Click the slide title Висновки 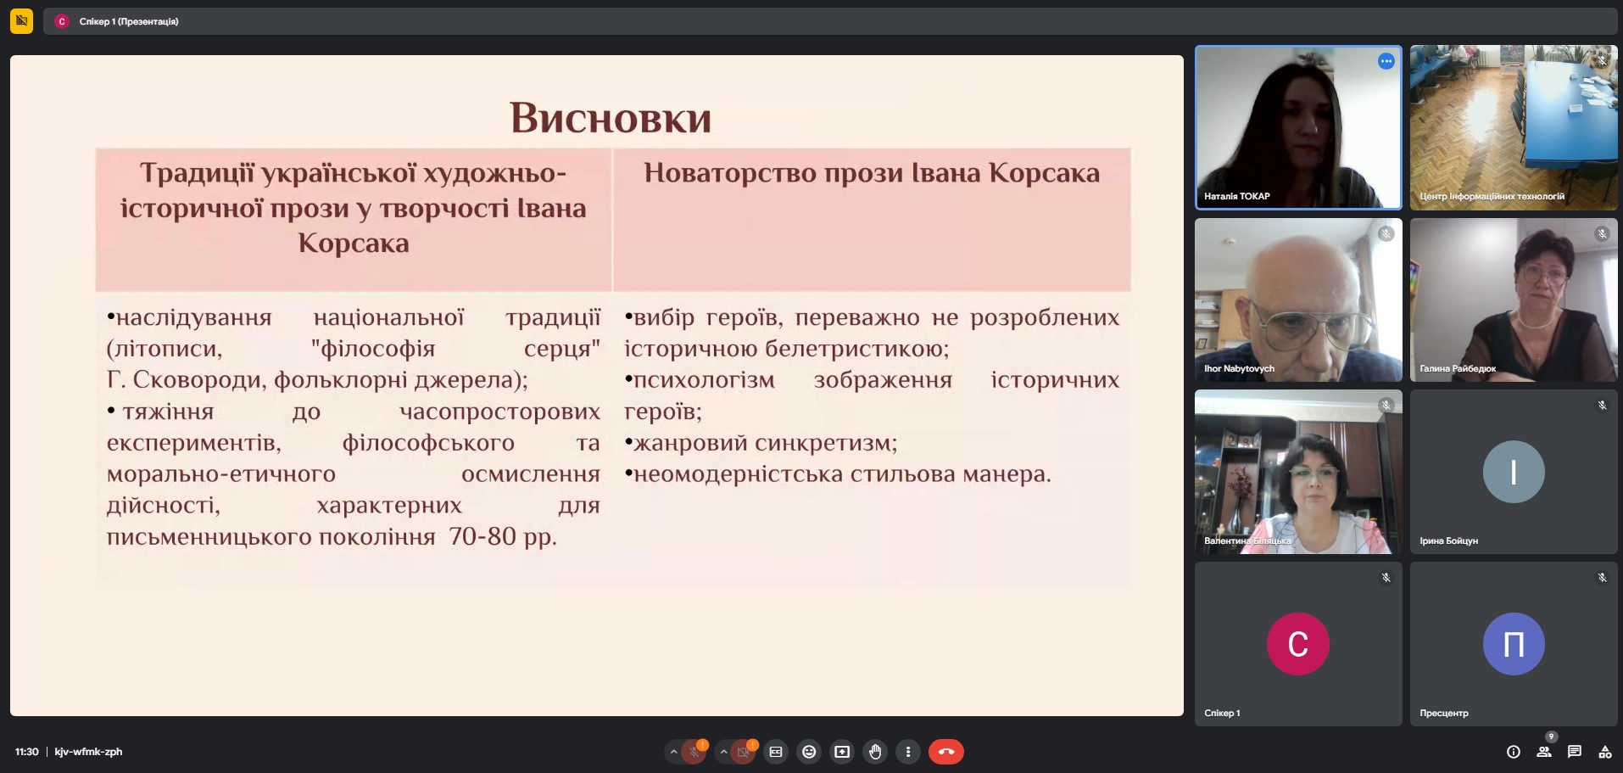pyautogui.click(x=611, y=118)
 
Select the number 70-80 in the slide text pyautogui.click(x=482, y=536)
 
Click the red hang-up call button pyautogui.click(x=945, y=752)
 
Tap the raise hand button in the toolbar pyautogui.click(x=875, y=752)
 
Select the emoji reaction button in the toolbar pyautogui.click(x=809, y=752)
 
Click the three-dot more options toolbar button pyautogui.click(x=908, y=752)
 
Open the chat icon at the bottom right pyautogui.click(x=1575, y=752)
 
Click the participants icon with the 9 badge pyautogui.click(x=1544, y=752)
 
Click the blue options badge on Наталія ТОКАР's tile pyautogui.click(x=1386, y=61)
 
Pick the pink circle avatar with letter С pyautogui.click(x=1298, y=644)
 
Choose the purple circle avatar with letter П pyautogui.click(x=1514, y=644)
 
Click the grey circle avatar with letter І pyautogui.click(x=1514, y=472)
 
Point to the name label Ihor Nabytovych pyautogui.click(x=1239, y=369)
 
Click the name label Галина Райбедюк pyautogui.click(x=1458, y=369)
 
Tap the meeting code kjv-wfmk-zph pyautogui.click(x=88, y=752)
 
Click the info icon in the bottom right pyautogui.click(x=1514, y=752)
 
